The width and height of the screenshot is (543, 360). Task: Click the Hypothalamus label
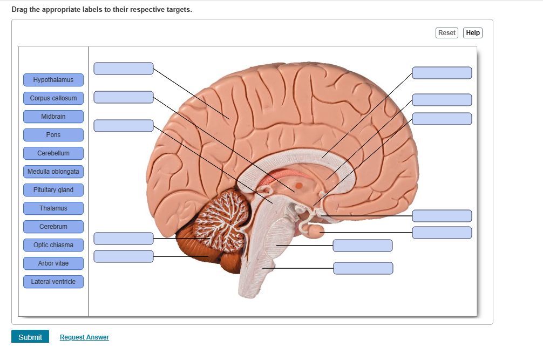tap(53, 80)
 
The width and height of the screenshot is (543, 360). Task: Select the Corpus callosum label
tap(53, 98)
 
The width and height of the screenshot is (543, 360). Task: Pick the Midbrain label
tap(53, 117)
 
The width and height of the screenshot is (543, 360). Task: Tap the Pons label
tap(53, 135)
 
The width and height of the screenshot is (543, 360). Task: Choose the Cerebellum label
tap(53, 153)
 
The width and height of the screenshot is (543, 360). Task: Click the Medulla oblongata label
tap(53, 172)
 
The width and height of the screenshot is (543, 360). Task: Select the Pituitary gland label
tap(53, 190)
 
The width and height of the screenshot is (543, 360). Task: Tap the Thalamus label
tap(53, 208)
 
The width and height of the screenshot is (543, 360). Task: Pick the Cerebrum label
tap(53, 227)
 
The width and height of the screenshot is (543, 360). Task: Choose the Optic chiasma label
tap(53, 245)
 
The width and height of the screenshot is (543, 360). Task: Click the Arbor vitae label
tap(53, 263)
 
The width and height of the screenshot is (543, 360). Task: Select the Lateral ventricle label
tap(53, 282)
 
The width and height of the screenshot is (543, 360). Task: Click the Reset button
tap(446, 33)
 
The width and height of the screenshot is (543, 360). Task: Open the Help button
tap(473, 33)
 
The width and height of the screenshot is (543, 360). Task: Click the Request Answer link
tap(84, 337)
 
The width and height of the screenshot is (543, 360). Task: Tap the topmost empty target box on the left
tap(124, 69)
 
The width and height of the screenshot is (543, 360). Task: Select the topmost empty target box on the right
tap(442, 73)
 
